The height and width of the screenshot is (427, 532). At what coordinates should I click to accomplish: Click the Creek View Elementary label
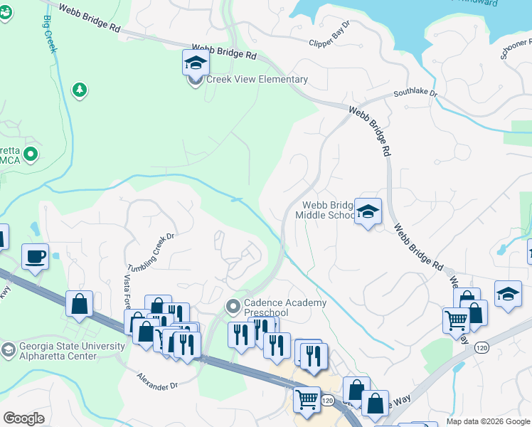(256, 80)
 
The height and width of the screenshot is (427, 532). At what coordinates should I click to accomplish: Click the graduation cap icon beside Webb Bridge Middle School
(368, 211)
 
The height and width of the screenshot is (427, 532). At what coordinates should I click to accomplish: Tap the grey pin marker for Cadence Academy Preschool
(232, 307)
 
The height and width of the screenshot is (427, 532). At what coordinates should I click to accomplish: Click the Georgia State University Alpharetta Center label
(70, 352)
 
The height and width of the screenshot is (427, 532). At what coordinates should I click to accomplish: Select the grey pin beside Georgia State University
(8, 349)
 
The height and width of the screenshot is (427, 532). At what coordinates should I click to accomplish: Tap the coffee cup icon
(35, 256)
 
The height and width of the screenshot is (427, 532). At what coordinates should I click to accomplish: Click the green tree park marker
(80, 90)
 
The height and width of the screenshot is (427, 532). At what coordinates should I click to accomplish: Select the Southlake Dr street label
(416, 93)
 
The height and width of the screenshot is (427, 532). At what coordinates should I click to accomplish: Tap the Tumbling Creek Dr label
(151, 251)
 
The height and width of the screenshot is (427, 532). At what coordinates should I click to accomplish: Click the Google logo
(23, 418)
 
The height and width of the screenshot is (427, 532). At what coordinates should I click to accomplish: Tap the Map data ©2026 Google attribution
(488, 421)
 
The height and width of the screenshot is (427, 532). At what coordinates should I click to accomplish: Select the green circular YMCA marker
(30, 154)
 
